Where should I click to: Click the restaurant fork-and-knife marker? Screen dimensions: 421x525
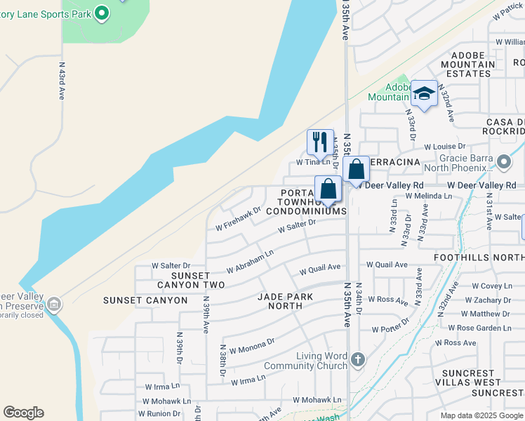319,142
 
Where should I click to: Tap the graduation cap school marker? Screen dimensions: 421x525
424,94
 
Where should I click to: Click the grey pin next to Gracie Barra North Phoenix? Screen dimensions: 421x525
503,162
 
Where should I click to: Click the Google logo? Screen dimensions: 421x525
23,413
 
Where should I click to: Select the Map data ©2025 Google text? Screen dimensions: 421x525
481,415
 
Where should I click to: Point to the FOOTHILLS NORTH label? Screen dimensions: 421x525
484,257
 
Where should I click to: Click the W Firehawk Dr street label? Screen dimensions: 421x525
238,218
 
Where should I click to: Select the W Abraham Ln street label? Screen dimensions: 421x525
249,261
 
